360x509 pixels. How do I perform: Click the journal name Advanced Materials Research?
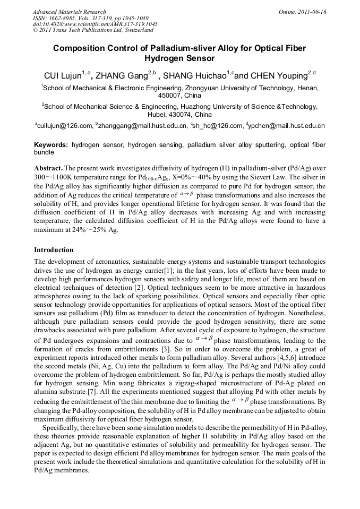click(x=69, y=12)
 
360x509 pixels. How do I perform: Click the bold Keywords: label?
click(x=51, y=145)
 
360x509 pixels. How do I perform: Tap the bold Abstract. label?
click(x=48, y=167)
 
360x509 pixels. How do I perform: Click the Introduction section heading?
click(x=54, y=249)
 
